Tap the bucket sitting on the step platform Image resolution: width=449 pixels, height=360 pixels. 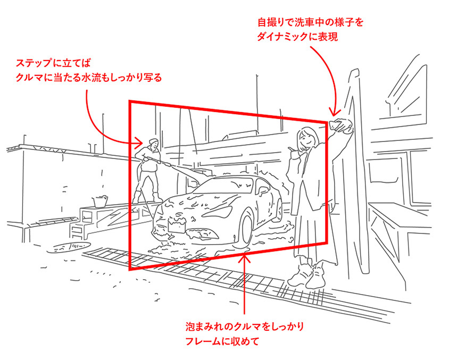100,201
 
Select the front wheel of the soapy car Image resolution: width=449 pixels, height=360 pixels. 245,230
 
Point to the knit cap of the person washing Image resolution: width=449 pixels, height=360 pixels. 154,141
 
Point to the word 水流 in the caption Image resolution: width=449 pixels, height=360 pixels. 92,78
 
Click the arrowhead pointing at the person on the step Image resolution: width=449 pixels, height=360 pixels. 139,141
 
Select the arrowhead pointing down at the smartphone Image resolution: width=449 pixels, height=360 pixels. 334,112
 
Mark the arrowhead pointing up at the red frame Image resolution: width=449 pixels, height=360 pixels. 244,258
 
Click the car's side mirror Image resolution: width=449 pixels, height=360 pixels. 262,189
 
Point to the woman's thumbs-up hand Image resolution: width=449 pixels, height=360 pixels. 293,153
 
